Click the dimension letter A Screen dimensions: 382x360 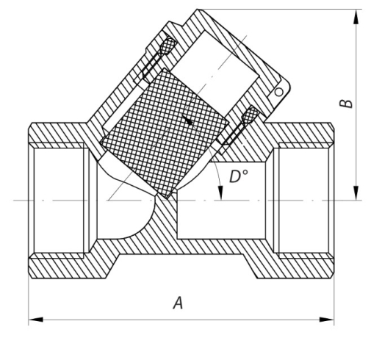click(178, 303)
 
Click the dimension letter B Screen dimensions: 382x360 click(346, 104)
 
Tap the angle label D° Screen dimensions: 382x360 click(239, 176)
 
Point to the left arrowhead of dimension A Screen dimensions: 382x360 click(36, 320)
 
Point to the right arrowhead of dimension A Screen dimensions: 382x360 click(327, 320)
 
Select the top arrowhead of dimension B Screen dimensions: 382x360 click(356, 17)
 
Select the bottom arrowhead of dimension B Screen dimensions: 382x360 click(356, 193)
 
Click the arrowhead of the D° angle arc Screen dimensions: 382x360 click(220, 193)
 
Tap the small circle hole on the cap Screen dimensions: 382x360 click(279, 93)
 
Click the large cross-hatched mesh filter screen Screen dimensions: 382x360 click(165, 134)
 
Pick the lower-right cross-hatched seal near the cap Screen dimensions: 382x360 click(251, 115)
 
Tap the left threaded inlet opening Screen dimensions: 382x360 click(59, 201)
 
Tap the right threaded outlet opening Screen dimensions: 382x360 click(303, 201)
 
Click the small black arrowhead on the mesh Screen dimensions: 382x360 click(187, 120)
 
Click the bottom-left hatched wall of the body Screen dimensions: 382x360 click(68, 266)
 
